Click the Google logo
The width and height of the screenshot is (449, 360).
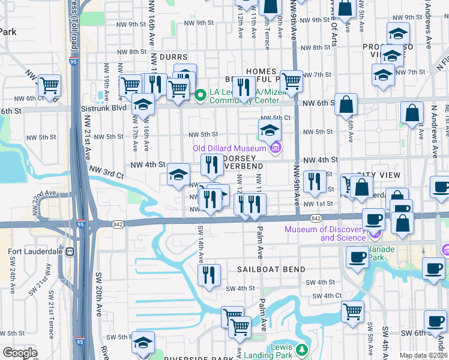[20, 353]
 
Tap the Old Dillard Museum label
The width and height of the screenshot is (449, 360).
[229, 149]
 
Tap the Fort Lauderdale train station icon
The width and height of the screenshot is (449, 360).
[70, 251]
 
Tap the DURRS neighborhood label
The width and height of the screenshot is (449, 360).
[165, 57]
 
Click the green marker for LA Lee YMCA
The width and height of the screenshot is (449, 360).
[201, 94]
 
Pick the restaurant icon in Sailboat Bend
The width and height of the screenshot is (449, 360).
[209, 275]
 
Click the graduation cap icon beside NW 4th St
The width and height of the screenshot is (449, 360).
[178, 174]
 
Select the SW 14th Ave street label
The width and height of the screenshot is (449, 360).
[200, 246]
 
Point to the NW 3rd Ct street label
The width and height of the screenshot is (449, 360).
[106, 172]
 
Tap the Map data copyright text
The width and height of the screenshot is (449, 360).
[423, 355]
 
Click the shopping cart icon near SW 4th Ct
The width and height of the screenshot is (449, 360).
[352, 311]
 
